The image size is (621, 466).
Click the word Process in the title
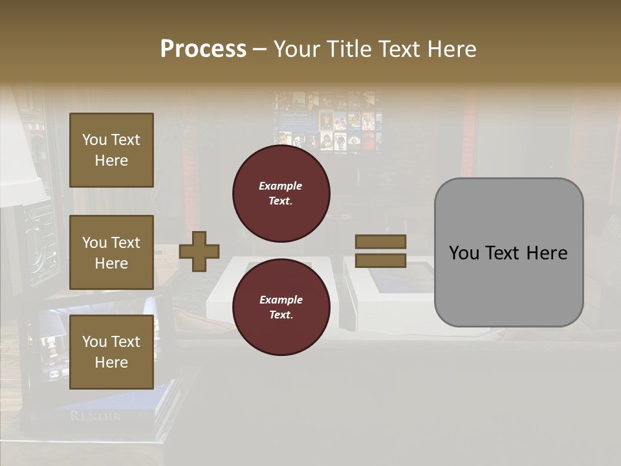[x=203, y=49]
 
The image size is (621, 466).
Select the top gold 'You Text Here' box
[x=111, y=150]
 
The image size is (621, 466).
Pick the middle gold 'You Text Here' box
[x=111, y=252]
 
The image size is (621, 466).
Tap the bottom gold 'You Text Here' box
[x=111, y=352]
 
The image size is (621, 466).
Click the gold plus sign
[x=199, y=250]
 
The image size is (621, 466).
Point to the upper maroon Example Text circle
[x=281, y=193]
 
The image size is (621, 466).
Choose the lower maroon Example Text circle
[x=281, y=307]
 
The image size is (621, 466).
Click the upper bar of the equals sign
[x=381, y=241]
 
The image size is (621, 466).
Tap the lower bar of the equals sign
[x=381, y=261]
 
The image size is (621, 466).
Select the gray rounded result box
[x=508, y=252]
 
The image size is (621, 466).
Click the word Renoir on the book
[x=95, y=416]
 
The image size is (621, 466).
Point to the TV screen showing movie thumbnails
[x=327, y=122]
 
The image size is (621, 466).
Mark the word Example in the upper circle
[x=281, y=186]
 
